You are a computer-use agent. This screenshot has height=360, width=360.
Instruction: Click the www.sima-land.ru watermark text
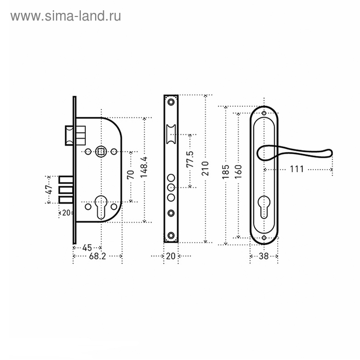point(66,16)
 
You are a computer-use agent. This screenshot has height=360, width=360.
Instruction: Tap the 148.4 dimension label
point(144,167)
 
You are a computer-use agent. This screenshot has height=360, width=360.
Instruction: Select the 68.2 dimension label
point(98,256)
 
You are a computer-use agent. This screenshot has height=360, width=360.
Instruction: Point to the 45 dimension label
point(87,248)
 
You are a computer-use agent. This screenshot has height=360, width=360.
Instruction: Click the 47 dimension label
point(49,189)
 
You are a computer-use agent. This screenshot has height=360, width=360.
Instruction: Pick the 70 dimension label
point(131,175)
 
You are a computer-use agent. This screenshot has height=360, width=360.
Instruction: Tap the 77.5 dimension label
point(190,159)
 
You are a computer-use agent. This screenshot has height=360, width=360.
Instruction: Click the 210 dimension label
point(205,168)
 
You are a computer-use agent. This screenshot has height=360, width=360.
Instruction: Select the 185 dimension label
point(226,172)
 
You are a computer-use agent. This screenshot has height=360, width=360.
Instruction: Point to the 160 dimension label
point(238,172)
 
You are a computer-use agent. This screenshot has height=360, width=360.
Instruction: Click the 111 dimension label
point(297,169)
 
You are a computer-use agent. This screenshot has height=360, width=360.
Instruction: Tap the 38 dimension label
point(263,256)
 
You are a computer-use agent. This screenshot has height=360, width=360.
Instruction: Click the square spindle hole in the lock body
point(101,152)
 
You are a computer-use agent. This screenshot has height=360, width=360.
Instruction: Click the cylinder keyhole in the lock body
point(101,207)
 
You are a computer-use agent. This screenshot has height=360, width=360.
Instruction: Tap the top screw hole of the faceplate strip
point(171,102)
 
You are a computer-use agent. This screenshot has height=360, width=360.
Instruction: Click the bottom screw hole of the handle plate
point(264,238)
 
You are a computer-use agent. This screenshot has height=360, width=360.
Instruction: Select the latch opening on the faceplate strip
point(171,134)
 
